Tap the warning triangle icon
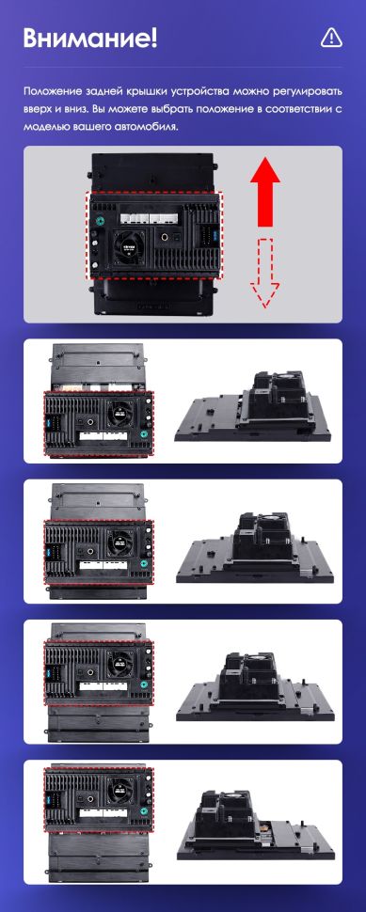(330, 37)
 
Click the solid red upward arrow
(267, 192)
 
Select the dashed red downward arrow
(267, 273)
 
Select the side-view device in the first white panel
(255, 406)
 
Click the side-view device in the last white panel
(255, 826)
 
